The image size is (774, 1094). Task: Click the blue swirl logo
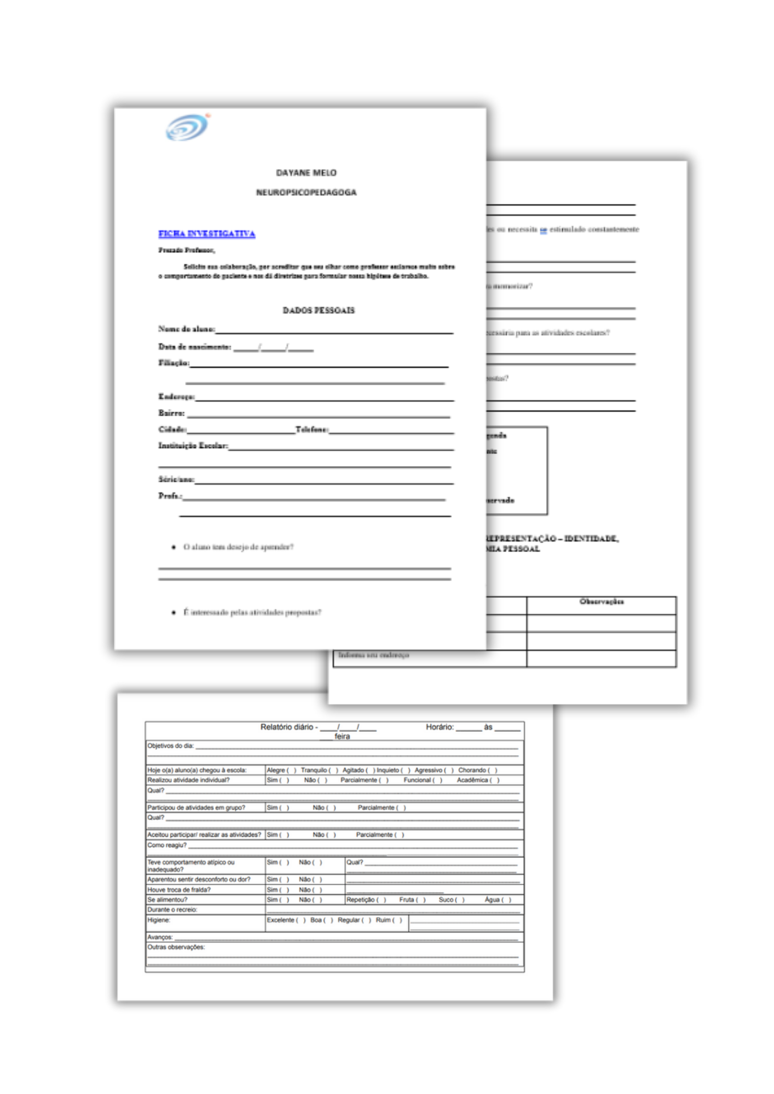[187, 127]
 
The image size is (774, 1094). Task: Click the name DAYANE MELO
[306, 173]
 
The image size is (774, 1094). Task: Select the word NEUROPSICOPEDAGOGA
[306, 193]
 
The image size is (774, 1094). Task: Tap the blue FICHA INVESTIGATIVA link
[206, 234]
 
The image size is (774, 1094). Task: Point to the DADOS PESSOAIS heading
[319, 310]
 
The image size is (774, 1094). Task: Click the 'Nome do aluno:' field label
[186, 329]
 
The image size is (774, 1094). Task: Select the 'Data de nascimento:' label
[194, 346]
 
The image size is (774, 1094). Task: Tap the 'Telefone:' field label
[311, 429]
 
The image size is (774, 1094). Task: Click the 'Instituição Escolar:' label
[193, 446]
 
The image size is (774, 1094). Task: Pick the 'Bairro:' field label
[171, 413]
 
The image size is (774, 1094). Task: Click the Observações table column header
[601, 602]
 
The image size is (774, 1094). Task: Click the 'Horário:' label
[440, 727]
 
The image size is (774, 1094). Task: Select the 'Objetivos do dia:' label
[170, 746]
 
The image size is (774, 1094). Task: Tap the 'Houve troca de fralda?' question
[178, 890]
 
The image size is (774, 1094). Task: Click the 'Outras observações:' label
[176, 947]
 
